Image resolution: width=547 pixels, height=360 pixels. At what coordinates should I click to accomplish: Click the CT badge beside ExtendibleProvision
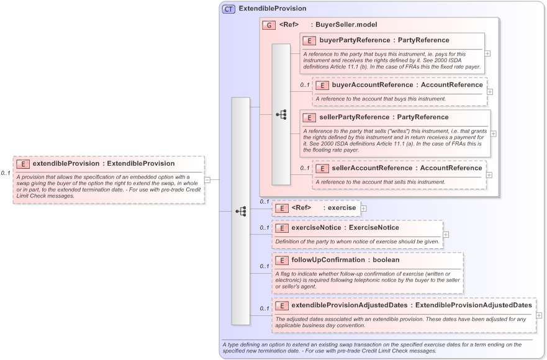(228, 9)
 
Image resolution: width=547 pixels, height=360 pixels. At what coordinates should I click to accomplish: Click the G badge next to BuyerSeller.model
(269, 25)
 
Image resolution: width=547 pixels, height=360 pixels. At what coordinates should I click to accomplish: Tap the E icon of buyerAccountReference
(322, 85)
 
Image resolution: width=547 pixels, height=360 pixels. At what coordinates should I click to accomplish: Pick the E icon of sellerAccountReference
(322, 168)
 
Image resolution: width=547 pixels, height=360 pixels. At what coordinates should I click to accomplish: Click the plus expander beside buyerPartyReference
(487, 53)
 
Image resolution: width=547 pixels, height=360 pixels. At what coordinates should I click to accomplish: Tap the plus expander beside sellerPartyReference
(494, 133)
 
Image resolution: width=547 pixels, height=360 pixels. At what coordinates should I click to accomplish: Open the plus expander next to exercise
(363, 209)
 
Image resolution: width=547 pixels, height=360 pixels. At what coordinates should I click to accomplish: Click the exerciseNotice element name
(316, 228)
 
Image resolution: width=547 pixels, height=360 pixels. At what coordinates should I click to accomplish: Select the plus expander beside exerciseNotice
(446, 235)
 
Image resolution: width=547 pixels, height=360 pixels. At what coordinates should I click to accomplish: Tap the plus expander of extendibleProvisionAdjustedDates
(539, 315)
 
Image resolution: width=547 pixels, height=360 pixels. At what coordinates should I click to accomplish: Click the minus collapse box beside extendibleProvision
(207, 180)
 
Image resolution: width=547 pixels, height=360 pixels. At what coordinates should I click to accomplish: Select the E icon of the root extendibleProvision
(23, 164)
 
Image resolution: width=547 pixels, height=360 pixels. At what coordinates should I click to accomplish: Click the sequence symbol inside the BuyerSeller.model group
(281, 115)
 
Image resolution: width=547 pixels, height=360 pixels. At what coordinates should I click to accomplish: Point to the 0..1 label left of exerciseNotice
(264, 227)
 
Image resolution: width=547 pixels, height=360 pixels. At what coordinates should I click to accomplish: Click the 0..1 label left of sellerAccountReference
(304, 168)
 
